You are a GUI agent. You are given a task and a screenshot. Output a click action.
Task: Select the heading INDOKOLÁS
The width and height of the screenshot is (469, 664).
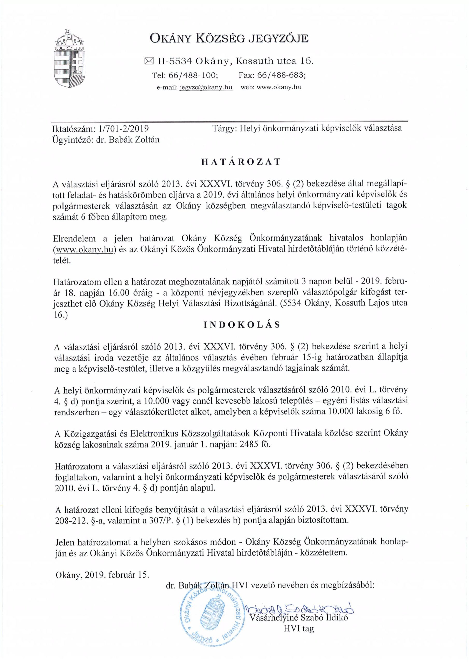point(242,325)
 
